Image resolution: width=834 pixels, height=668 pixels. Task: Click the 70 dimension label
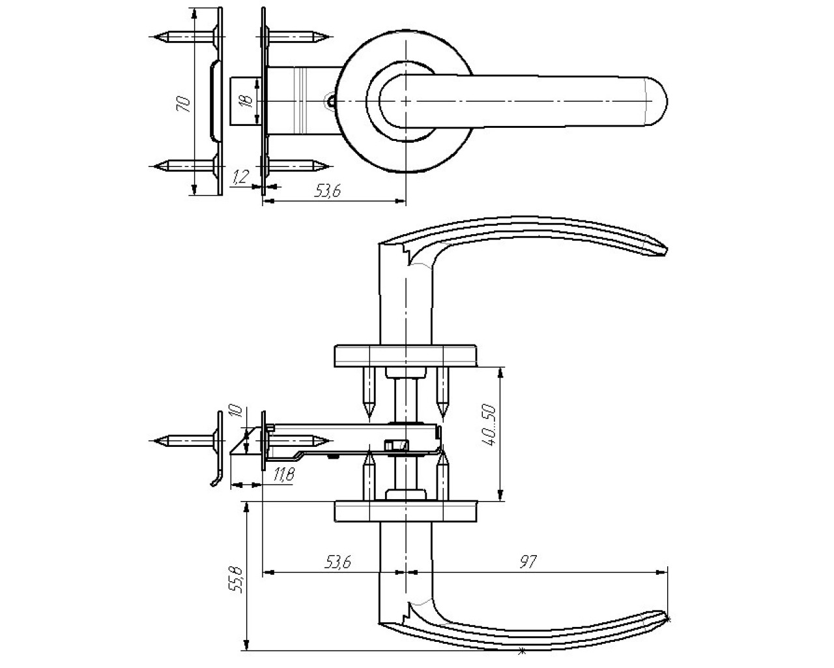click(x=184, y=104)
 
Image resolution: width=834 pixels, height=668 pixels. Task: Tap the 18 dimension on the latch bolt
click(x=246, y=101)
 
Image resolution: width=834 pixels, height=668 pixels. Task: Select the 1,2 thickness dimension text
click(x=240, y=177)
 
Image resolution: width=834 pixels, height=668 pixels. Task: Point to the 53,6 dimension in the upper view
click(x=328, y=190)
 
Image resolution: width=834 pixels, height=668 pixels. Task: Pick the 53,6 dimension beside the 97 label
click(x=338, y=562)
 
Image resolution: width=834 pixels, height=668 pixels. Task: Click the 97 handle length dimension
click(x=528, y=562)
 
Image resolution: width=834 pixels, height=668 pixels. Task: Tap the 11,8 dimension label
click(x=284, y=474)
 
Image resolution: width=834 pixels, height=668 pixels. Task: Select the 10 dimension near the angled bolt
click(x=236, y=410)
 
